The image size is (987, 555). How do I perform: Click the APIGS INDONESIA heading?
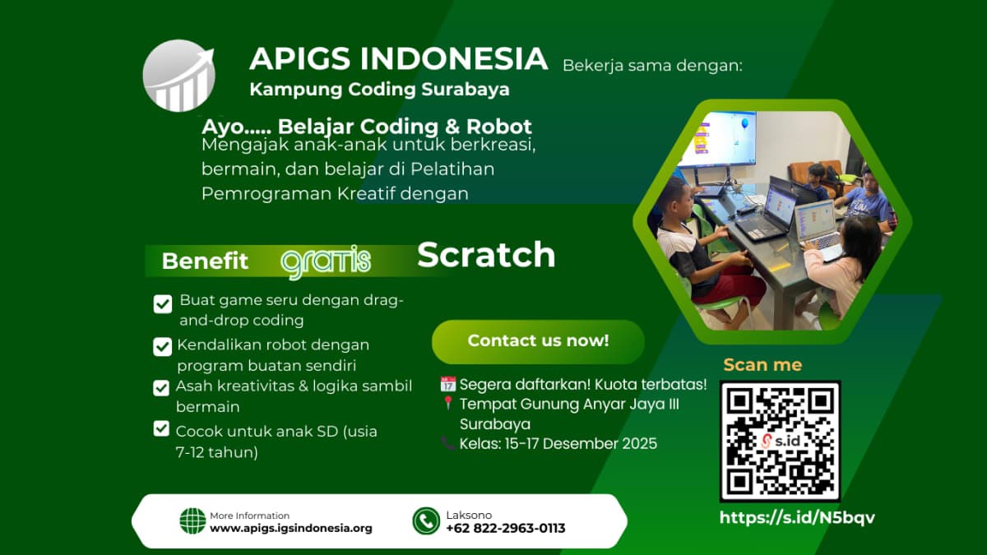pyautogui.click(x=398, y=59)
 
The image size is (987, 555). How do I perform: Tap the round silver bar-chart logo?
pyautogui.click(x=178, y=76)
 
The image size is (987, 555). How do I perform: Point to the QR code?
pyautogui.click(x=780, y=441)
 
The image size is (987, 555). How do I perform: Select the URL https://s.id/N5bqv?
pyautogui.click(x=797, y=518)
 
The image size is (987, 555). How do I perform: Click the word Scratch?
pyautogui.click(x=486, y=255)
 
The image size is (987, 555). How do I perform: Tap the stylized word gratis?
pyautogui.click(x=326, y=261)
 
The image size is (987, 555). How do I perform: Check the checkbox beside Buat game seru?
pyautogui.click(x=163, y=304)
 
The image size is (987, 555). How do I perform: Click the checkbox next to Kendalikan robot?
pyautogui.click(x=163, y=347)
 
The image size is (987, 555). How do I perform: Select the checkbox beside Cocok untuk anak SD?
pyautogui.click(x=161, y=428)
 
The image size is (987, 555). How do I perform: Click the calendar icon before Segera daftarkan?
pyautogui.click(x=448, y=384)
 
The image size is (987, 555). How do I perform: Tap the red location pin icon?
pyautogui.click(x=448, y=404)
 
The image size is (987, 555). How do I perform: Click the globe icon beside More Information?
pyautogui.click(x=192, y=521)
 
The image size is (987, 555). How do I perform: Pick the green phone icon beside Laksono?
pyautogui.click(x=426, y=521)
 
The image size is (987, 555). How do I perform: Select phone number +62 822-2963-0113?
pyautogui.click(x=505, y=529)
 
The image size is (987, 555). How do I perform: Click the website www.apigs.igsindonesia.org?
pyautogui.click(x=291, y=529)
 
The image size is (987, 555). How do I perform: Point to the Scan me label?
pyautogui.click(x=762, y=365)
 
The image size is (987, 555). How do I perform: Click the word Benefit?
pyautogui.click(x=205, y=261)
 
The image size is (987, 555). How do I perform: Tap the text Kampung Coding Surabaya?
pyautogui.click(x=379, y=89)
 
